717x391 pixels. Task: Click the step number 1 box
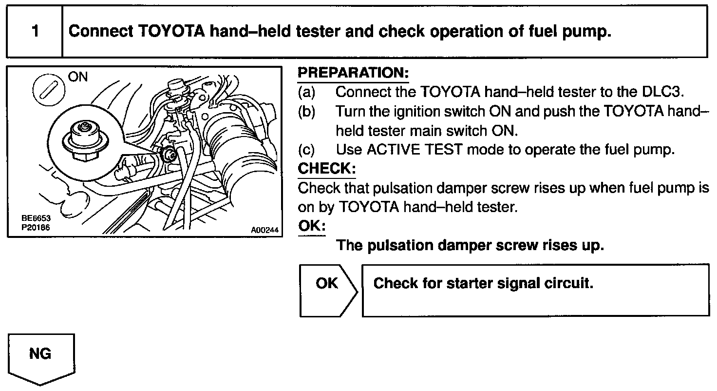coord(35,32)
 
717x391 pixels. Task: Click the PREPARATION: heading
coord(353,73)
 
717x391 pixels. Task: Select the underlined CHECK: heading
coord(327,169)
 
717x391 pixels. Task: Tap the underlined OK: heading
coord(311,227)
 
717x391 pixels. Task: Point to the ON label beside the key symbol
coord(78,78)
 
